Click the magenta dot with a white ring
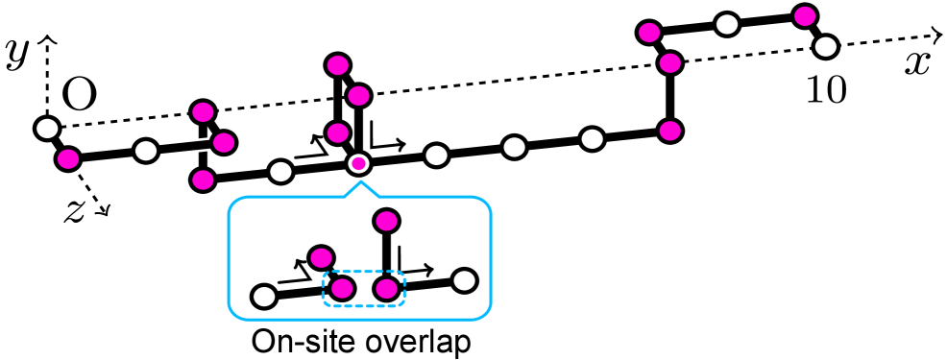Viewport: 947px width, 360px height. pos(358,163)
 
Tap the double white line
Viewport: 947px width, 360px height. pos(184,147)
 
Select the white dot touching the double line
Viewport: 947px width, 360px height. pos(146,151)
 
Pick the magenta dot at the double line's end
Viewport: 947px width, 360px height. pos(224,143)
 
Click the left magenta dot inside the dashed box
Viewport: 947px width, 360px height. pos(342,289)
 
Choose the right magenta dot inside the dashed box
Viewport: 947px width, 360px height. pos(386,289)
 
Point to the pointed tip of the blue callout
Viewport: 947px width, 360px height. pos(361,181)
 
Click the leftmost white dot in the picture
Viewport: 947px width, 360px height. pos(47,129)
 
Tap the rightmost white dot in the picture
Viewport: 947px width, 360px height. pos(826,47)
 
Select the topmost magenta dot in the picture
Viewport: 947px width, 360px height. pos(805,16)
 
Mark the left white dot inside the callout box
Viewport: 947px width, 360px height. pos(264,297)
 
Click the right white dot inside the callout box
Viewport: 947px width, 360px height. pos(464,280)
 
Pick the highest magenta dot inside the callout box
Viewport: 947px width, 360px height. pos(386,221)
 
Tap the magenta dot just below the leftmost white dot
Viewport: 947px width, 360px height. pos(68,159)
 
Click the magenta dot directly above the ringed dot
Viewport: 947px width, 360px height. pos(338,133)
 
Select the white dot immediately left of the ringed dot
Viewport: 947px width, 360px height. pos(280,172)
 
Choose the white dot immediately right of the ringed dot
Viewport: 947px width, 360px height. pos(436,156)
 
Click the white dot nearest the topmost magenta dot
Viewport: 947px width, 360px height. pos(826,47)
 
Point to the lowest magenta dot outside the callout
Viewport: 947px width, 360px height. pos(203,180)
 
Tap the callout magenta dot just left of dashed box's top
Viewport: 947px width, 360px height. pos(321,258)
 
